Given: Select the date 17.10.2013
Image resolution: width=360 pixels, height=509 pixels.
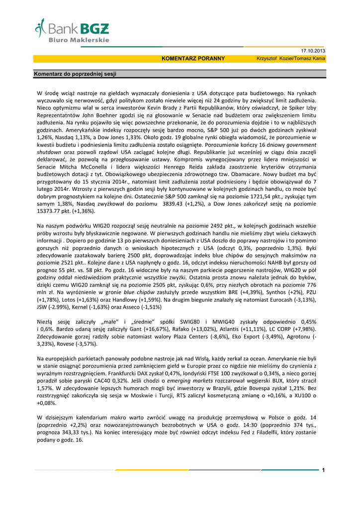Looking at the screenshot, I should (x=313, y=51).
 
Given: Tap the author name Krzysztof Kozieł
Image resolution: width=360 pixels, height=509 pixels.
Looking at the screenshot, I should (x=274, y=59).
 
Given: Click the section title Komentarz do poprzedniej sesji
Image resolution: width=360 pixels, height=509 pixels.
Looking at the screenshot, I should (x=75, y=74).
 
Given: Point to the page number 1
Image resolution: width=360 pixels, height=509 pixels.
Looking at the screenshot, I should (x=323, y=470).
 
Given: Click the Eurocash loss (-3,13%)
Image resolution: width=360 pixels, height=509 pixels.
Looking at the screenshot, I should (x=303, y=300).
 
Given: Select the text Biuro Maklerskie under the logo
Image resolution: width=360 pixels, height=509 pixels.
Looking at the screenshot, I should (x=79, y=39).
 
